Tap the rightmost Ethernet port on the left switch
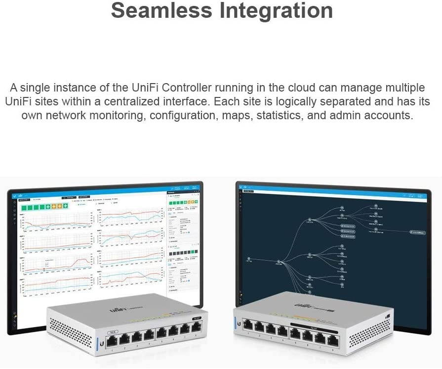pyautogui.click(x=196, y=326)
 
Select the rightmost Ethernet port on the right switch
pyautogui.click(x=333, y=340)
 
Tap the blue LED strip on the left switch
pyautogui.click(x=99, y=342)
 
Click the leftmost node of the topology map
pyautogui.click(x=249, y=258)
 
